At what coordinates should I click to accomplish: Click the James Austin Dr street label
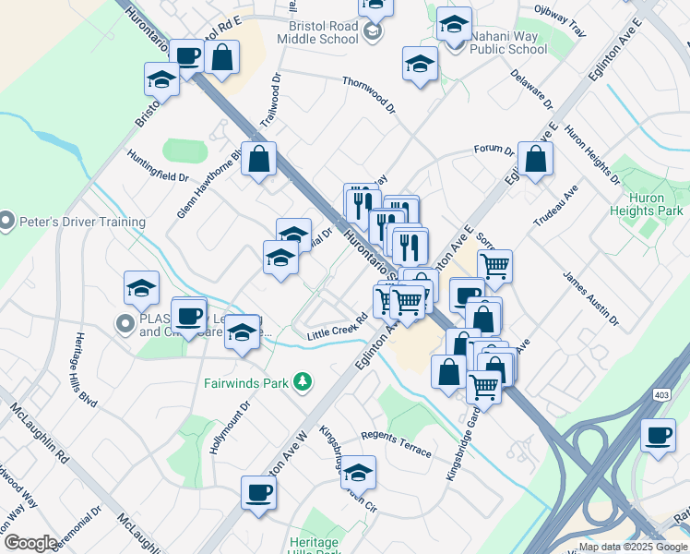coord(590,297)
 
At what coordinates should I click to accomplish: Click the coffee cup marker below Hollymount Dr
coord(257,491)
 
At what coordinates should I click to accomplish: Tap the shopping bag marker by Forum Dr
coord(536,159)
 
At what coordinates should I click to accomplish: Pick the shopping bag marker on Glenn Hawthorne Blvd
coord(260,159)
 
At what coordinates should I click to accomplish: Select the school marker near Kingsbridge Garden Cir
coord(358,473)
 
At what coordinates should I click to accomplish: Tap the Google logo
coord(30,542)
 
